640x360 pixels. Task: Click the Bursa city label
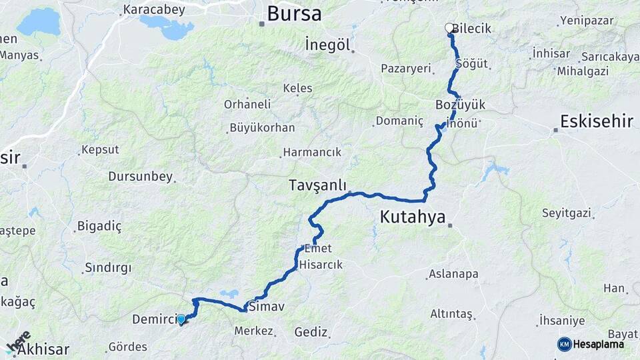pyautogui.click(x=293, y=13)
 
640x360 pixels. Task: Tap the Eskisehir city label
pyautogui.click(x=596, y=121)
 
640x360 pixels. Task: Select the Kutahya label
pyautogui.click(x=412, y=216)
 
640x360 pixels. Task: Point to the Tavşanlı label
pyautogui.click(x=317, y=185)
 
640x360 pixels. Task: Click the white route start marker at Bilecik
pyautogui.click(x=449, y=28)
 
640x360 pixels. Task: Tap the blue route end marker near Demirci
pyautogui.click(x=181, y=319)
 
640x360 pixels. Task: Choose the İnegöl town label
pyautogui.click(x=327, y=45)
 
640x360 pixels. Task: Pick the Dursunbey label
pyautogui.click(x=140, y=177)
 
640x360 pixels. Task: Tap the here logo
pyautogui.click(x=19, y=340)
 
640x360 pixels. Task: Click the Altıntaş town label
pyautogui.click(x=451, y=313)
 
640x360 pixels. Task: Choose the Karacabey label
pyautogui.click(x=147, y=11)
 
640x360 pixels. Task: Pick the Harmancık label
pyautogui.click(x=312, y=153)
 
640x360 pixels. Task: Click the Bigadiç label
pyautogui.click(x=99, y=227)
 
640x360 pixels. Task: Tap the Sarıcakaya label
pyautogui.click(x=609, y=57)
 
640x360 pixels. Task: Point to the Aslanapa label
pyautogui.click(x=453, y=273)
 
